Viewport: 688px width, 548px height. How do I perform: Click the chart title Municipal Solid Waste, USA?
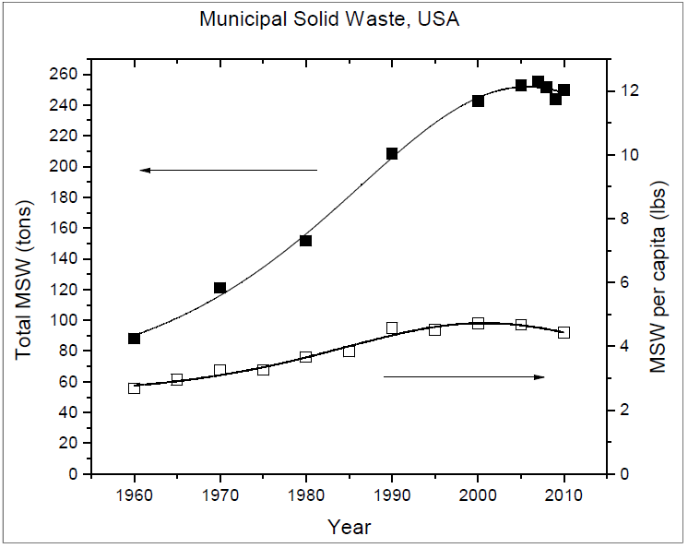click(x=329, y=19)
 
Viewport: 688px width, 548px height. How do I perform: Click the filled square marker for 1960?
click(x=135, y=339)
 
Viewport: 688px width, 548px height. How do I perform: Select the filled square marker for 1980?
click(x=306, y=241)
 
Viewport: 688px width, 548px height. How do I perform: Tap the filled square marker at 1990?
click(x=392, y=153)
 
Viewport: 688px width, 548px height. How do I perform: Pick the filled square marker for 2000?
click(x=478, y=101)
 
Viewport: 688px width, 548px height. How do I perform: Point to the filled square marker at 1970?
click(x=219, y=288)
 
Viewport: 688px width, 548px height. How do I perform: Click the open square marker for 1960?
click(x=135, y=387)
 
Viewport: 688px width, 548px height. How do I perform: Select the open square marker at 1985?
click(x=349, y=351)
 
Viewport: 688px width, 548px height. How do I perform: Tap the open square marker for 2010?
click(x=563, y=332)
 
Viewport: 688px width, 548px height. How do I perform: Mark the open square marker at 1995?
click(x=434, y=330)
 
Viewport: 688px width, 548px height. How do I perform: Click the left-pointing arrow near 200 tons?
click(x=228, y=170)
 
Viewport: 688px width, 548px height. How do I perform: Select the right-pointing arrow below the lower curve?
click(x=464, y=377)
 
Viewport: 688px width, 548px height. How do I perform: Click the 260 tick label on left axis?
click(x=63, y=74)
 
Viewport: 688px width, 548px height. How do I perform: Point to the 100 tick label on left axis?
click(x=63, y=320)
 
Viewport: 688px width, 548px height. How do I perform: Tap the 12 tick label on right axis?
click(x=623, y=90)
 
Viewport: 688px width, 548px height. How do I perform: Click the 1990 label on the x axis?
click(x=392, y=495)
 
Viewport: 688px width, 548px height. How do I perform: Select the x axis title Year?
click(x=350, y=527)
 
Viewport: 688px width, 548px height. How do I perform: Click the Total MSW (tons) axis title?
click(x=24, y=280)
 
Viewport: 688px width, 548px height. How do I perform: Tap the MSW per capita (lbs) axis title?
click(x=658, y=278)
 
